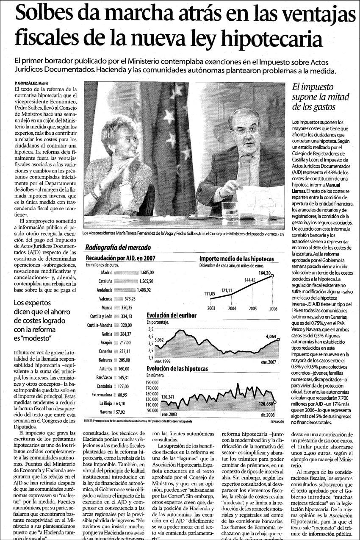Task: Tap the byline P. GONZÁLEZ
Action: point(25,83)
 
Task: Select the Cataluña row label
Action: point(103,281)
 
